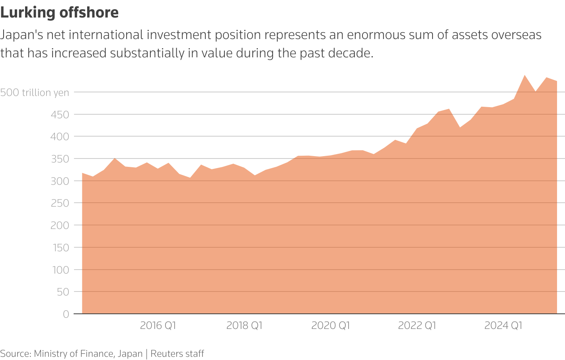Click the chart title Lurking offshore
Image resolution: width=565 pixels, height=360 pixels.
tap(59, 13)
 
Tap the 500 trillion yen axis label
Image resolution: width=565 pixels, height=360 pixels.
tap(35, 92)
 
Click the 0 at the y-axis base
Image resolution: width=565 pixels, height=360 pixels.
tap(66, 314)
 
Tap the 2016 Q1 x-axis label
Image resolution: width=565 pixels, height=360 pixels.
tap(158, 325)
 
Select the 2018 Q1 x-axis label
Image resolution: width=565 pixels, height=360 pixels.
tap(244, 325)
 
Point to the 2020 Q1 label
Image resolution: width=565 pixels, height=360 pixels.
tap(331, 325)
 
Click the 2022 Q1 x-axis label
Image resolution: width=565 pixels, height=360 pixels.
tap(417, 325)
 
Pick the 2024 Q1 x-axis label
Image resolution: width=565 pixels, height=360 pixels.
tap(503, 325)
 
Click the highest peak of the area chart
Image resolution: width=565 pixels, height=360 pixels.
tap(525, 75)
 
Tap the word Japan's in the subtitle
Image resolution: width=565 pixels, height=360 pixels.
tap(21, 35)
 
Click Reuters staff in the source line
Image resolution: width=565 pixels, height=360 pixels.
tap(177, 354)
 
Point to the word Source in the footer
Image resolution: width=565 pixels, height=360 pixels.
tap(14, 354)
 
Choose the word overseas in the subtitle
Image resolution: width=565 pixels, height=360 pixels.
tap(516, 35)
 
